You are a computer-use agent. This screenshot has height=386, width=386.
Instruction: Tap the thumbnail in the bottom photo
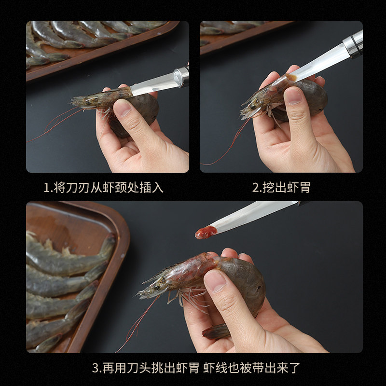[215, 281]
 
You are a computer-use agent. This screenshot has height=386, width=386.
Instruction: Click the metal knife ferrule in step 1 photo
[181, 76]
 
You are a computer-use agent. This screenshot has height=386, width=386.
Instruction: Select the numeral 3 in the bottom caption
[95, 368]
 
